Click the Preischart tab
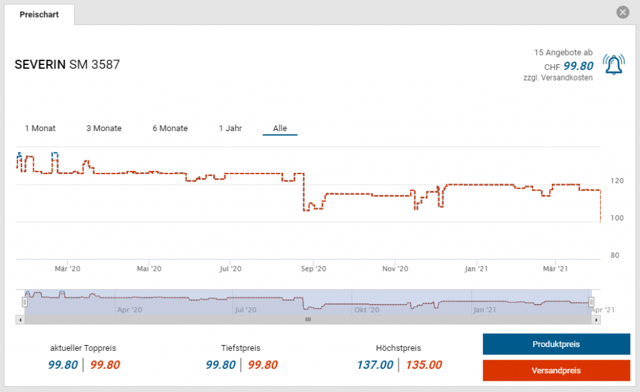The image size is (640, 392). tap(39, 14)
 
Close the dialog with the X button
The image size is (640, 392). tap(622, 12)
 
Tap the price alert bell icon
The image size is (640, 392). tap(613, 64)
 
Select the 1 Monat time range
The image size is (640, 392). tap(40, 129)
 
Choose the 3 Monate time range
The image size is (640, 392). tap(104, 129)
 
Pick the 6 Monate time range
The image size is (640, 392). tap(170, 129)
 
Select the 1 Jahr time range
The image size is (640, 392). tap(230, 129)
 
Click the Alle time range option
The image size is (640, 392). tap(280, 129)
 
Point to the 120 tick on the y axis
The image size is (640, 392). tap(617, 180)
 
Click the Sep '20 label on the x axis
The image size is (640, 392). tap(313, 268)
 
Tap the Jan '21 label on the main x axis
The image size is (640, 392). tap(476, 268)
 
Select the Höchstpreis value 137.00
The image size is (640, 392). tap(375, 365)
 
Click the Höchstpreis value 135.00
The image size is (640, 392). tap(424, 365)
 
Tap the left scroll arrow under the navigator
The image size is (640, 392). tap(19, 320)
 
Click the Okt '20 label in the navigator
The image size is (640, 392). tap(366, 310)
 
